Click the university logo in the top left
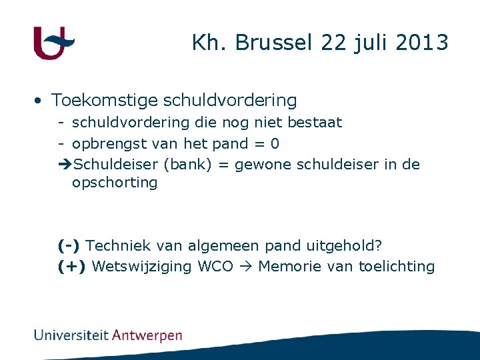(x=53, y=43)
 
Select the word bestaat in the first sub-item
(x=314, y=123)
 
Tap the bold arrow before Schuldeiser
(x=65, y=165)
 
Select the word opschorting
(x=115, y=183)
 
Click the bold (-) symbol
(x=69, y=246)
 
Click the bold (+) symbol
(x=71, y=267)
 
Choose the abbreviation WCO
(x=216, y=267)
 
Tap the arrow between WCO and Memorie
(x=245, y=267)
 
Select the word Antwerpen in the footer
(x=147, y=335)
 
